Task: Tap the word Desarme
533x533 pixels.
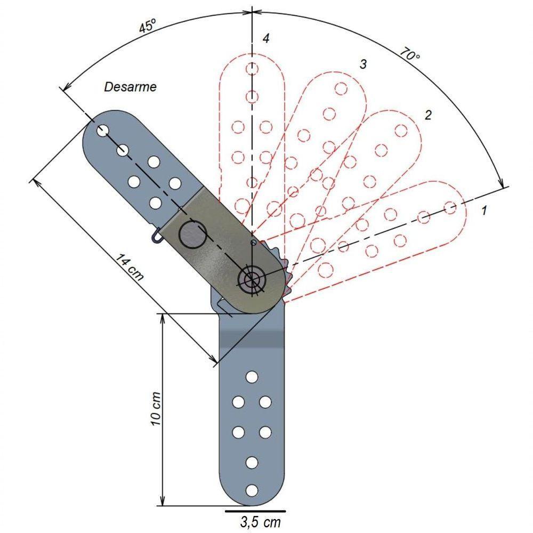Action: click(x=131, y=86)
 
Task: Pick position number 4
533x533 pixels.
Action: click(x=265, y=38)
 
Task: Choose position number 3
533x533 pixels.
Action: click(x=363, y=64)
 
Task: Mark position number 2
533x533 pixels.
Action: click(x=427, y=115)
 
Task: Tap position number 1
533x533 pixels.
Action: click(x=484, y=211)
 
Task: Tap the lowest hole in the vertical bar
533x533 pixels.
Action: click(x=252, y=490)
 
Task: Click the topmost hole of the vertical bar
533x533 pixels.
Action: click(x=252, y=377)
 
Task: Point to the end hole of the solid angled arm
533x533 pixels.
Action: click(x=103, y=130)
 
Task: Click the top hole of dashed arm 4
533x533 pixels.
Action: click(x=252, y=69)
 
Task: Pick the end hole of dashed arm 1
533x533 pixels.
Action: click(x=450, y=207)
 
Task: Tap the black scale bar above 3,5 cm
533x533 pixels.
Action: click(x=255, y=510)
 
